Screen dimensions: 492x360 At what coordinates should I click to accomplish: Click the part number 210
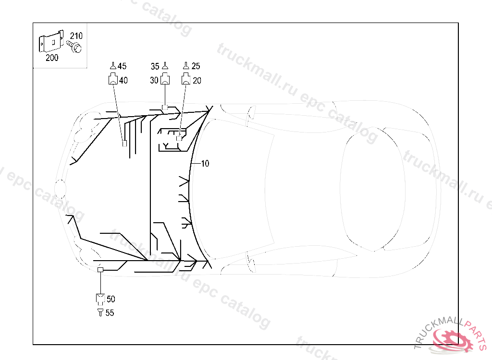[x=76, y=36]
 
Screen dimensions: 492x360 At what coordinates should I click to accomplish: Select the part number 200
[x=52, y=58]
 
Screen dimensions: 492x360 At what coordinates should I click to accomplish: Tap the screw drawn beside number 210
[x=74, y=46]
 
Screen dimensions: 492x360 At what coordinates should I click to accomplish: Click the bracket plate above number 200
[x=51, y=41]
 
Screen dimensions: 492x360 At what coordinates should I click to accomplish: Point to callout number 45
[x=122, y=66]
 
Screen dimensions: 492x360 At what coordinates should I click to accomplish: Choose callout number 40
[x=123, y=81]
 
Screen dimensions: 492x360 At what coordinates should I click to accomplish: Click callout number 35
[x=155, y=67]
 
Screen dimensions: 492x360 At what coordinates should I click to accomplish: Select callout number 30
[x=154, y=81]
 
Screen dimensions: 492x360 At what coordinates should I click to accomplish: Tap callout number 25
[x=196, y=66]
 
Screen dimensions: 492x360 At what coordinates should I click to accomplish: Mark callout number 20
[x=197, y=81]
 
